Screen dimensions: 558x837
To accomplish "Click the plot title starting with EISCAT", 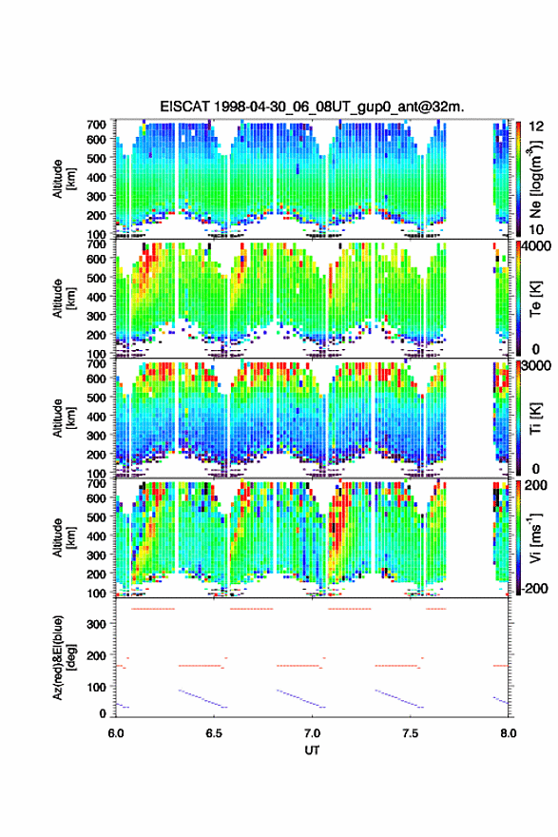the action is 312,107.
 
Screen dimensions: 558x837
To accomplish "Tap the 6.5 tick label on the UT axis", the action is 214,733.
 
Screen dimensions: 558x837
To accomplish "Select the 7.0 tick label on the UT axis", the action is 312,733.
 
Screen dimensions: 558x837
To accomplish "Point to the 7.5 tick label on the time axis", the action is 411,733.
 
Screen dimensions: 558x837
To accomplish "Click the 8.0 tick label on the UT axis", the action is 509,733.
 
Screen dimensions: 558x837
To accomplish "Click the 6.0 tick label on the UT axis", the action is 116,733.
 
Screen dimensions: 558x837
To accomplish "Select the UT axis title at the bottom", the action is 312,750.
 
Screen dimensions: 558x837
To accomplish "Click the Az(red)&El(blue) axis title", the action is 62,657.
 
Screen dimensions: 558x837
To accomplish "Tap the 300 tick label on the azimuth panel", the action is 97,624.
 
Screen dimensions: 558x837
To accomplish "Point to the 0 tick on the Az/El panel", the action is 103,713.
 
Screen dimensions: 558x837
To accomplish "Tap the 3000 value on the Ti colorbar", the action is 536,366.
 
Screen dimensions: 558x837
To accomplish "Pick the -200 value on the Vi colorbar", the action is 534,588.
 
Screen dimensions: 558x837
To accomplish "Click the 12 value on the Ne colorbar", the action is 536,126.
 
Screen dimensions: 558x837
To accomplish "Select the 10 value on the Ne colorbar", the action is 536,229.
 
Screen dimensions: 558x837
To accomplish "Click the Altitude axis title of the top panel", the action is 62,179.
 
